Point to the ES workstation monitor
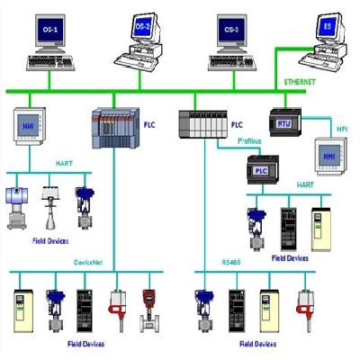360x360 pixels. [x=328, y=30]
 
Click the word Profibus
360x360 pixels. [x=249, y=141]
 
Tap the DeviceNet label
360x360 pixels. [x=89, y=262]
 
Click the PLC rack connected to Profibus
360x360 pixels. [x=200, y=121]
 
